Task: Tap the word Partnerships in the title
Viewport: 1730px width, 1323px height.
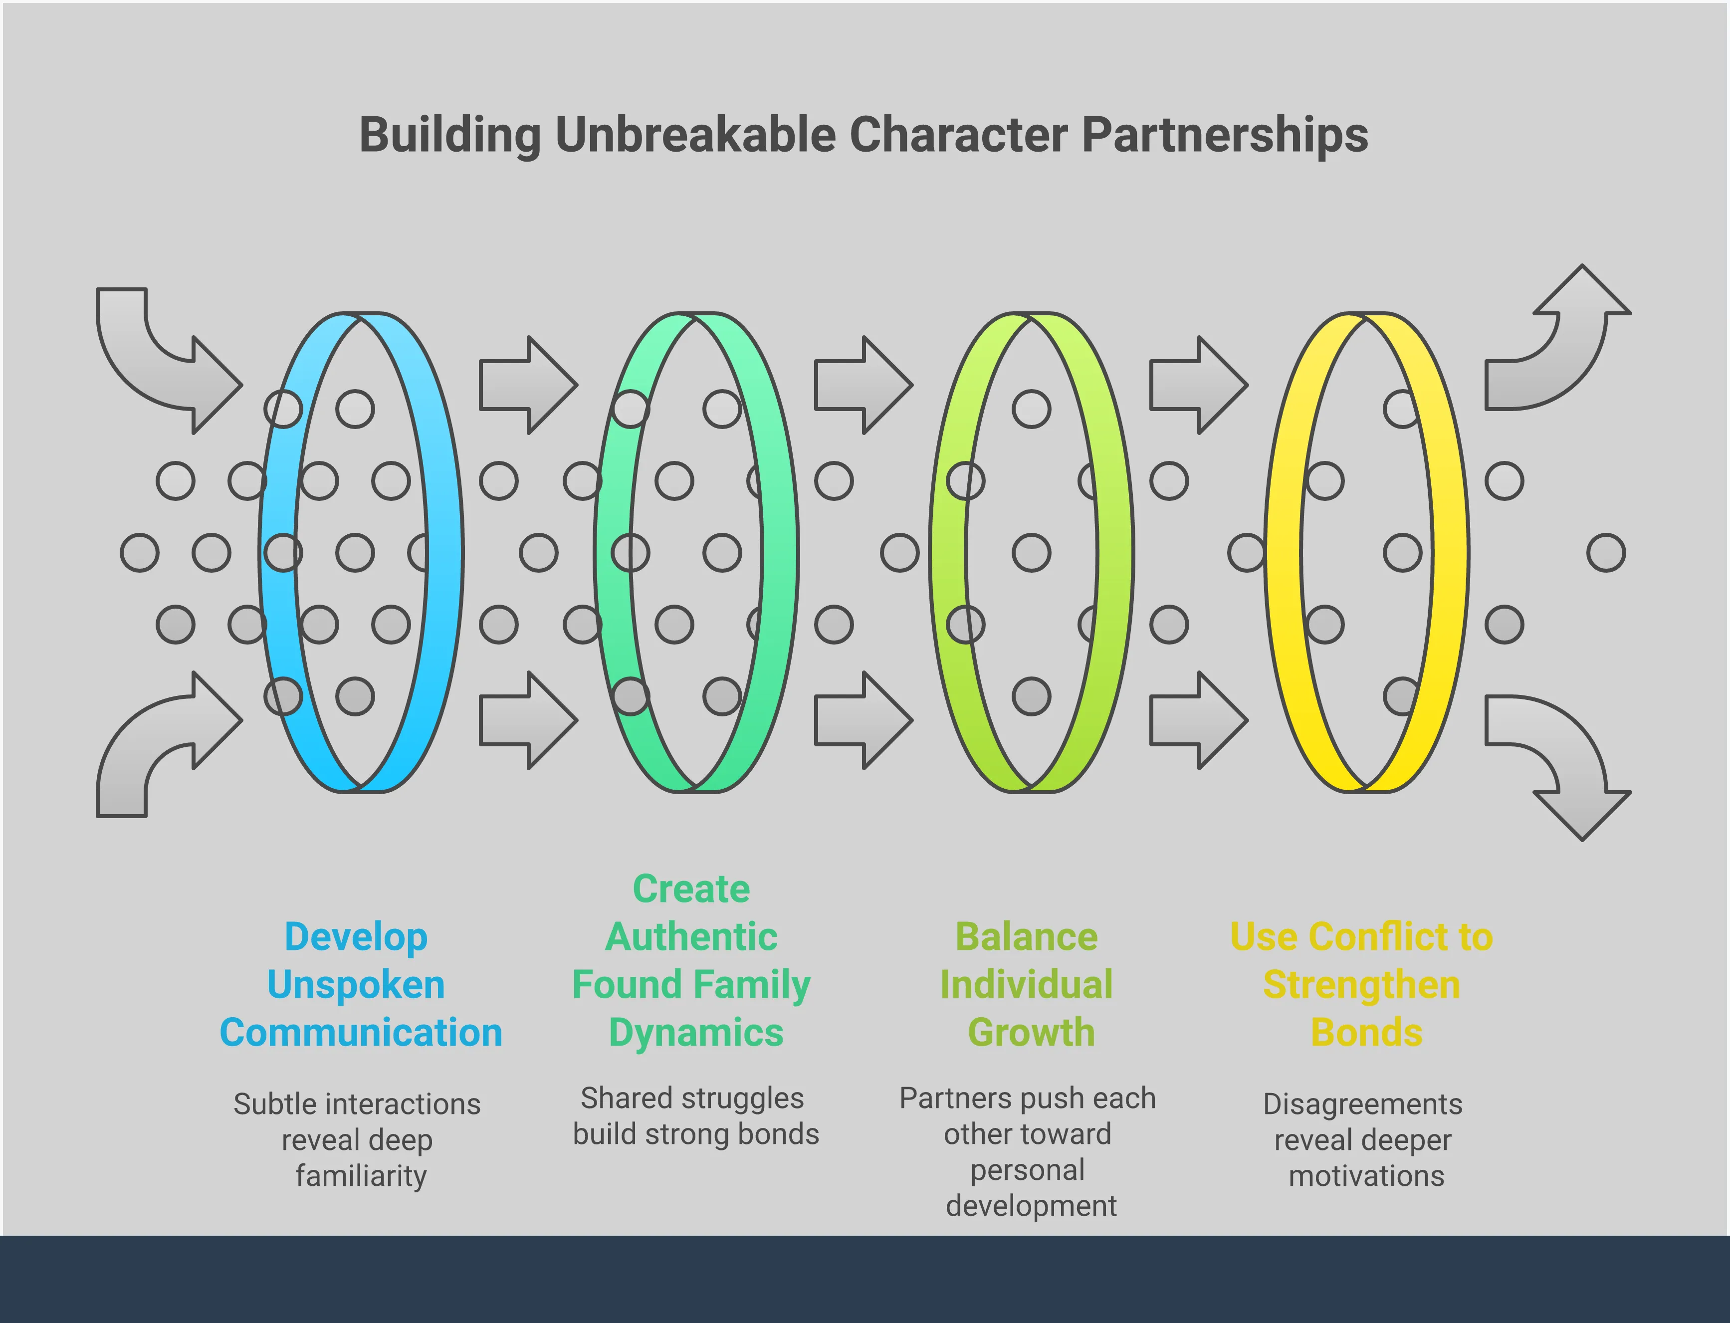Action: point(1225,136)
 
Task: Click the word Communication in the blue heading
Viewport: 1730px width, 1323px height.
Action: point(361,1033)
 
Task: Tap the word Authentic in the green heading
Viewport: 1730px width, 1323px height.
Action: point(691,937)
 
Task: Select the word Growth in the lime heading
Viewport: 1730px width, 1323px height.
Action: point(1031,1033)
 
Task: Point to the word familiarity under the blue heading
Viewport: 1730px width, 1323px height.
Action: point(361,1176)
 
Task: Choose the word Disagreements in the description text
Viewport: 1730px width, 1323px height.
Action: point(1362,1104)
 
